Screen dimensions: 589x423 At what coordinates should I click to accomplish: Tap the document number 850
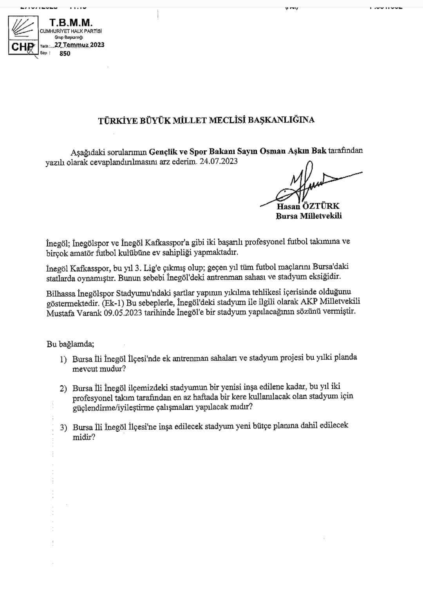65,54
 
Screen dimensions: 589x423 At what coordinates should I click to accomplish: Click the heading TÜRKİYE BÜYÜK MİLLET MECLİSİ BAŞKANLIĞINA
206,120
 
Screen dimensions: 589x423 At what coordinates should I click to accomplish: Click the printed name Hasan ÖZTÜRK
308,207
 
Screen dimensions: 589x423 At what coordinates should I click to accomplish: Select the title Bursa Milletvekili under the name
309,216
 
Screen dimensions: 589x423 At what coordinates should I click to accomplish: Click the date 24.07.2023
218,162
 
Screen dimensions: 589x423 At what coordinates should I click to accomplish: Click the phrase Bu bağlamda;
70,344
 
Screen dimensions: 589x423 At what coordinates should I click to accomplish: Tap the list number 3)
64,427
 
